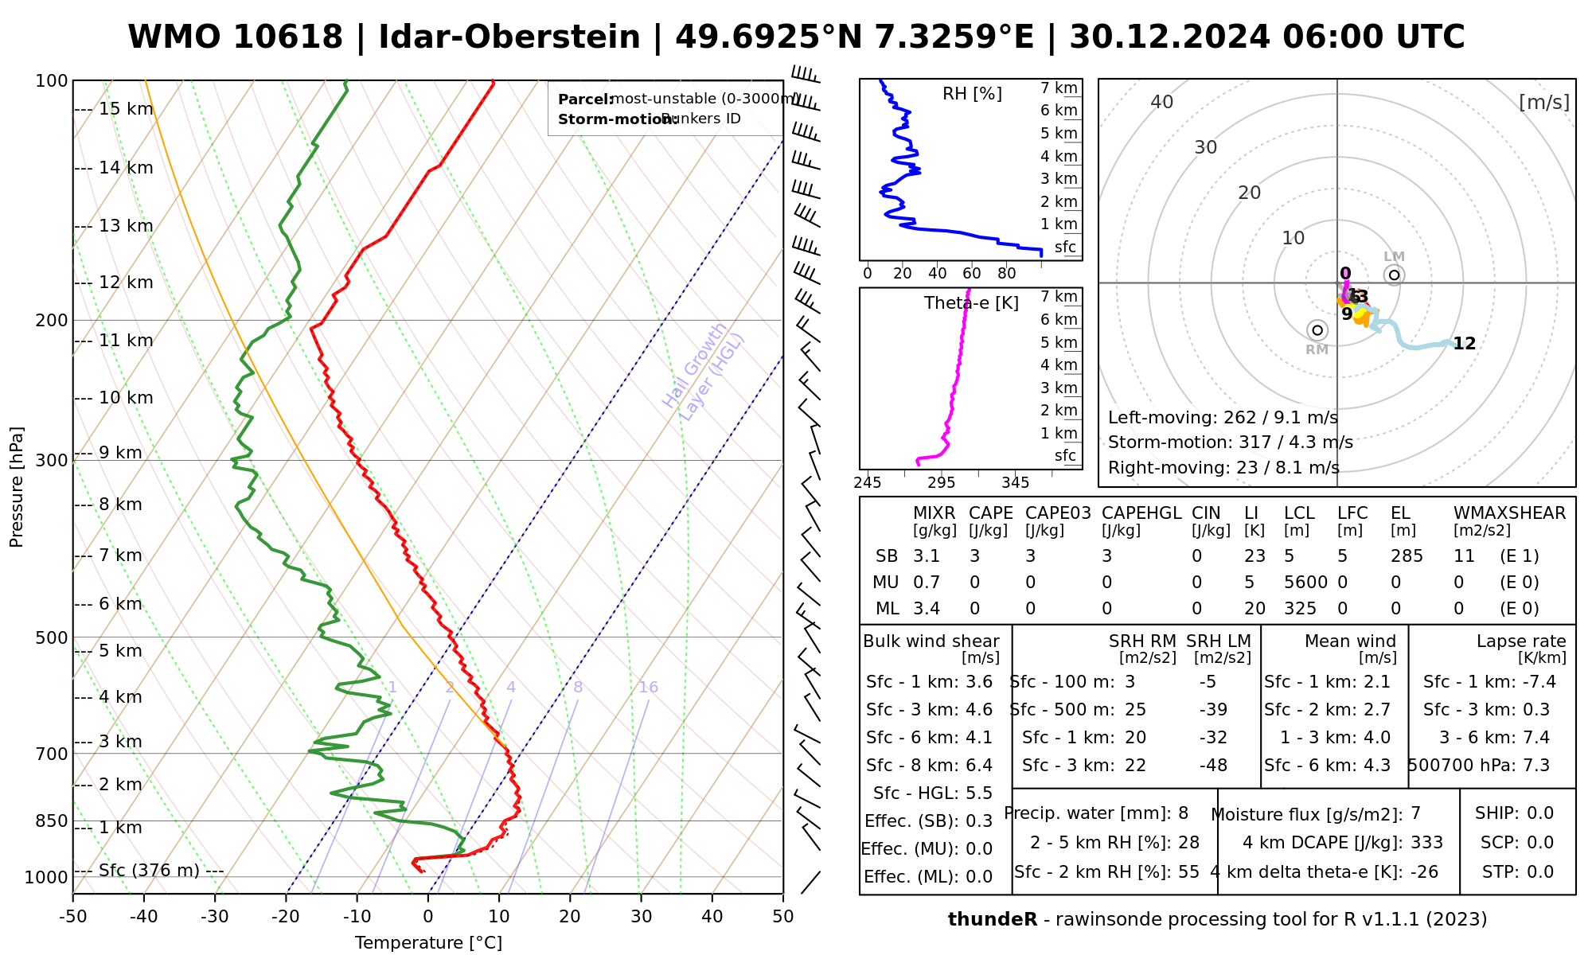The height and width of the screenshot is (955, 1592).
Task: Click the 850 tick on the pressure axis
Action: [x=52, y=821]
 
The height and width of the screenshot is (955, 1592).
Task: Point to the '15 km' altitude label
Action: [x=126, y=109]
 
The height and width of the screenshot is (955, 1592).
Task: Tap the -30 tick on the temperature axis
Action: [x=215, y=917]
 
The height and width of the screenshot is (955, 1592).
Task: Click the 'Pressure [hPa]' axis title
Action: [x=17, y=487]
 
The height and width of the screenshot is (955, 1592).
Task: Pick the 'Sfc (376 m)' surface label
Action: [x=149, y=871]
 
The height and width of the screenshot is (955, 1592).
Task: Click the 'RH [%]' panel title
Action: [x=972, y=94]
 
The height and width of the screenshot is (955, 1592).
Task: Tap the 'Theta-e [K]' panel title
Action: [x=971, y=303]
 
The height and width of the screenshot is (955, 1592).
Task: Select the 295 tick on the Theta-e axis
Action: [x=942, y=483]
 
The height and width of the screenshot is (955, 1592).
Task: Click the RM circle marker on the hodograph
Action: [x=1317, y=330]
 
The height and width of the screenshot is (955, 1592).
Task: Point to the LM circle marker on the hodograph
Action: [x=1394, y=275]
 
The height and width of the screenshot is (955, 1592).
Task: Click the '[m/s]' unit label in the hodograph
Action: [x=1544, y=103]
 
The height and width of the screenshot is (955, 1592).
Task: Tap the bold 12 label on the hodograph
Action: [x=1465, y=344]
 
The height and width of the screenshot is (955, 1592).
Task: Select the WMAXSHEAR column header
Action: [x=1509, y=513]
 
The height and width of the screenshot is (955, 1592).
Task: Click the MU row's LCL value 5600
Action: [x=1305, y=583]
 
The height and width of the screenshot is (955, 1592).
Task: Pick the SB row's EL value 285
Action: [x=1407, y=556]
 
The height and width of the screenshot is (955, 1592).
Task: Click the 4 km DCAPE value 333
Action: [x=1426, y=843]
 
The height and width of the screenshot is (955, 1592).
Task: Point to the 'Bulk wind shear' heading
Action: [x=931, y=641]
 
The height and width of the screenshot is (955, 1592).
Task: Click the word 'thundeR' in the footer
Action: [x=993, y=920]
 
